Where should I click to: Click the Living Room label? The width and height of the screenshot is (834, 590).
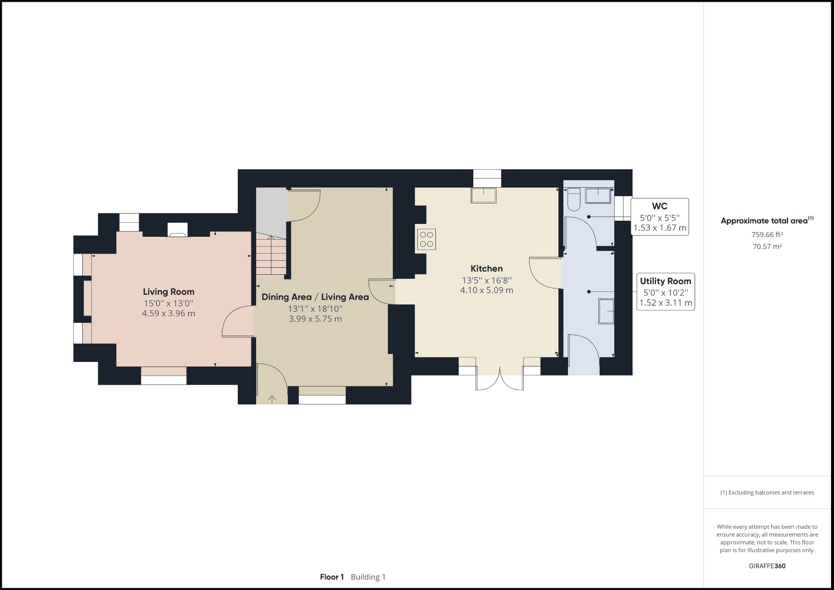[168, 292]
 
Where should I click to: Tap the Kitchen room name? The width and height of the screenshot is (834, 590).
[487, 269]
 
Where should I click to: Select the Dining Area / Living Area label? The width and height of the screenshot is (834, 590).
[315, 297]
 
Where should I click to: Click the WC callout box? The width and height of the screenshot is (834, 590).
[659, 217]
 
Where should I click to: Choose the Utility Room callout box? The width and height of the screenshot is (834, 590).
[666, 291]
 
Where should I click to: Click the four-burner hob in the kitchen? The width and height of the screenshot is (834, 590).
[426, 239]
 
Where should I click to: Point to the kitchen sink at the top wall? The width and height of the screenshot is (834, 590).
[484, 195]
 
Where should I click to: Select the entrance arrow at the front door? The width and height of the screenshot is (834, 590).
[272, 399]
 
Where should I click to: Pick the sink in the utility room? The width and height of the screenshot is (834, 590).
[606, 311]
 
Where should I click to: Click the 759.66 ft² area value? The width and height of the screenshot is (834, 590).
[767, 235]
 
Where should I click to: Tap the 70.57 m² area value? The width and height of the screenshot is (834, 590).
[767, 246]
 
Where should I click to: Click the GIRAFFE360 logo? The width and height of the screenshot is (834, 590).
[767, 566]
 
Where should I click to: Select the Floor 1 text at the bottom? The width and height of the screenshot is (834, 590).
[332, 577]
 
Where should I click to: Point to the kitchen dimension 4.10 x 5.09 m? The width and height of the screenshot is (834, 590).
[487, 290]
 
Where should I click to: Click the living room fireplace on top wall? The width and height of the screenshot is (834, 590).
[178, 230]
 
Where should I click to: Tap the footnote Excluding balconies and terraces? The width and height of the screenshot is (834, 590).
[767, 492]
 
